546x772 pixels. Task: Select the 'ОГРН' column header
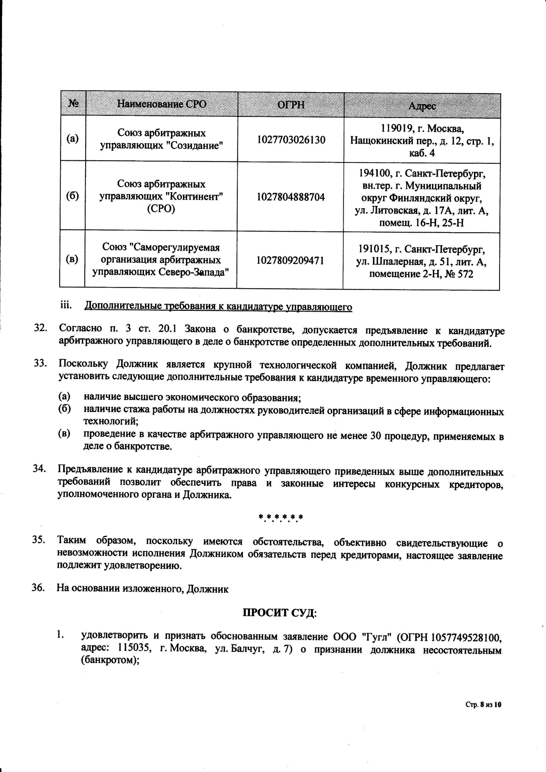(x=291, y=104)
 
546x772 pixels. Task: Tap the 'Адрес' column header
(x=422, y=106)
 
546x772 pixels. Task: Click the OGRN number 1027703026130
(x=291, y=140)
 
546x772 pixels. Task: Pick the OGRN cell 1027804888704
(x=291, y=197)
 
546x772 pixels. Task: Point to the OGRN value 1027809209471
(x=290, y=260)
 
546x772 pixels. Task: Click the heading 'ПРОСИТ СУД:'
(x=280, y=613)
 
